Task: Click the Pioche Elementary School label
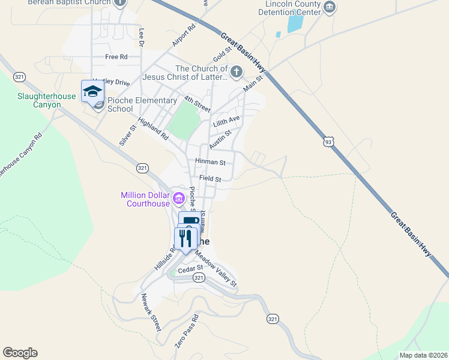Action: tap(142, 104)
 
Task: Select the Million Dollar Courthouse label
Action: tap(146, 199)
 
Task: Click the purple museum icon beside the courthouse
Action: tap(178, 198)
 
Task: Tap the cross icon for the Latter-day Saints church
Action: tap(237, 73)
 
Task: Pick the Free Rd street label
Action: tap(116, 57)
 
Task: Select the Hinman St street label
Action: tap(210, 162)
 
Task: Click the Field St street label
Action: tap(210, 179)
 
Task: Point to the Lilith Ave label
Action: tap(226, 122)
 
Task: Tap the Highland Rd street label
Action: tap(152, 129)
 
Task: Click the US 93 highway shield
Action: tap(328, 142)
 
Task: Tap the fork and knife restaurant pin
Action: tap(185, 238)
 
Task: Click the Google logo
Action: tap(20, 353)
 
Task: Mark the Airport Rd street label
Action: tap(184, 35)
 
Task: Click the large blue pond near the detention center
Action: tap(295, 23)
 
